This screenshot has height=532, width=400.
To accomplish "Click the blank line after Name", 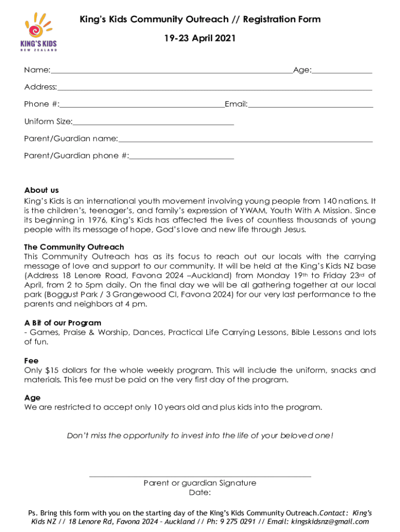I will click(x=171, y=72).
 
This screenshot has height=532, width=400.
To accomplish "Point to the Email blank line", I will click(x=311, y=107).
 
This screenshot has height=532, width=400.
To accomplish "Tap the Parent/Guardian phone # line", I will click(x=182, y=157).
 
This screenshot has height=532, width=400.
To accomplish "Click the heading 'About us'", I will click(x=42, y=190).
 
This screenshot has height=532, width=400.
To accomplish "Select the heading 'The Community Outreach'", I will click(x=74, y=247).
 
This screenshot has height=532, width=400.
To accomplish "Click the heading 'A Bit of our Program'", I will click(x=63, y=323).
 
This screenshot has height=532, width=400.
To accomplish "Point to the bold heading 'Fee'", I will click(x=31, y=361).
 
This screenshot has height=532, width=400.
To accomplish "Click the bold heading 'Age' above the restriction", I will click(x=32, y=398).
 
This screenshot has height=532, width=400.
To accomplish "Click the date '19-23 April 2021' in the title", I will click(x=200, y=38).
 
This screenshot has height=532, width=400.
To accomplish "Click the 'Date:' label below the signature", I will click(x=200, y=493).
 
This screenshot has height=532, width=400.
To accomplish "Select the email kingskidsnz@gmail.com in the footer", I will click(x=330, y=522).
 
